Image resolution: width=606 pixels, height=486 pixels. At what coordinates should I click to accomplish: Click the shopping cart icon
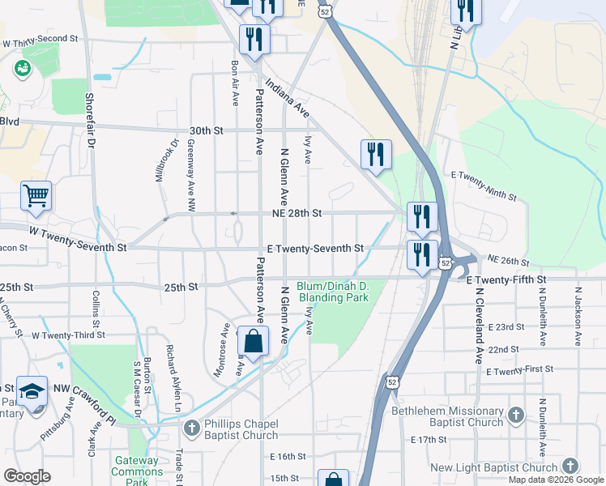36,196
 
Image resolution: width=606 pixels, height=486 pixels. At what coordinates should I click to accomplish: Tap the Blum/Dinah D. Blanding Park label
333,292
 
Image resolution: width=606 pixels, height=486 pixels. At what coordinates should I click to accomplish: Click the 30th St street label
206,130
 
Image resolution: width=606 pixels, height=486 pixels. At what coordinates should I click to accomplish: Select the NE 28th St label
297,213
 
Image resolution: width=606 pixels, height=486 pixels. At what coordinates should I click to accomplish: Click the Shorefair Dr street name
91,118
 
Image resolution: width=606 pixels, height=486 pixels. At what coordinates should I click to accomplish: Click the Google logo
28,476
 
